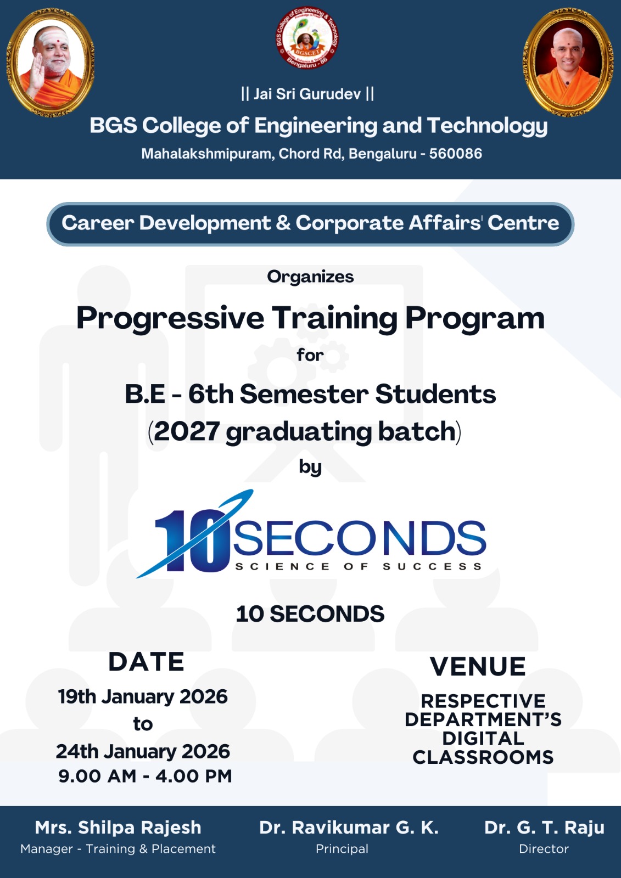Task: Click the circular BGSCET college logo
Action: pyautogui.click(x=307, y=38)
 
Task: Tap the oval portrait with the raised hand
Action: pyautogui.click(x=51, y=63)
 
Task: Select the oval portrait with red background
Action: pyautogui.click(x=568, y=63)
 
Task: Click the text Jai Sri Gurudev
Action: pyautogui.click(x=307, y=94)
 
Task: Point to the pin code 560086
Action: pyautogui.click(x=455, y=154)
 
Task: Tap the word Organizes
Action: pyautogui.click(x=310, y=277)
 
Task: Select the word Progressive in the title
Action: pyautogui.click(x=170, y=319)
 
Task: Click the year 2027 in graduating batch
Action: pyautogui.click(x=186, y=431)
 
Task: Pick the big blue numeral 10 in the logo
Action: pyautogui.click(x=192, y=541)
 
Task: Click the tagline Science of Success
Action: pyautogui.click(x=358, y=566)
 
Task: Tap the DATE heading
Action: pyautogui.click(x=146, y=662)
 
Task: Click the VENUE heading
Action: pyautogui.click(x=478, y=666)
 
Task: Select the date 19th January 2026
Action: pyautogui.click(x=143, y=696)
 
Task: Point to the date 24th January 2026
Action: pyautogui.click(x=143, y=751)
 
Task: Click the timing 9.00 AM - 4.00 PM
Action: pyautogui.click(x=145, y=776)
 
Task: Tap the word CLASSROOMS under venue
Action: pyautogui.click(x=483, y=757)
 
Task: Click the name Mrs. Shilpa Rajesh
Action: pyautogui.click(x=118, y=827)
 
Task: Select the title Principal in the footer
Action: pyautogui.click(x=342, y=849)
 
